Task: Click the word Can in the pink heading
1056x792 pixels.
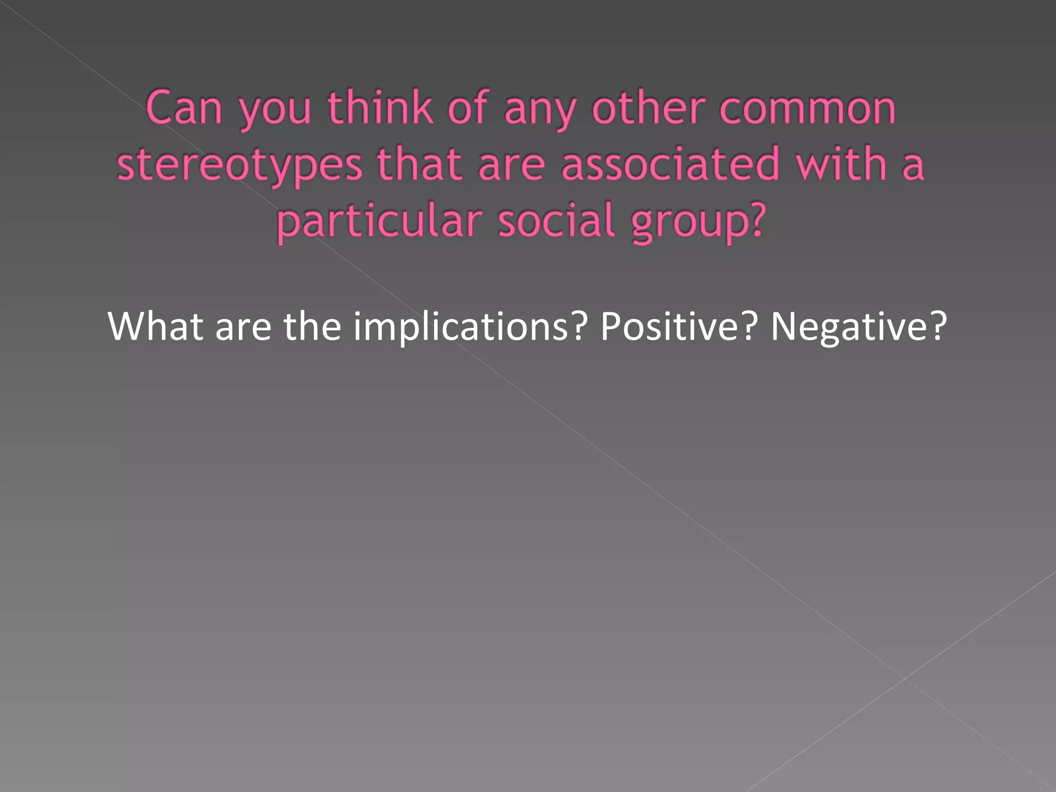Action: [x=184, y=108]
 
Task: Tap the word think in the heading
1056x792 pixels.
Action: [x=380, y=108]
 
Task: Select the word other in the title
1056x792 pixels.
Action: [x=648, y=108]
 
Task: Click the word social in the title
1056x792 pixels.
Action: [x=557, y=221]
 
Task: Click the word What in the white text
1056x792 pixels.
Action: [x=155, y=326]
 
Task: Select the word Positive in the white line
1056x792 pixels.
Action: [x=670, y=327]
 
